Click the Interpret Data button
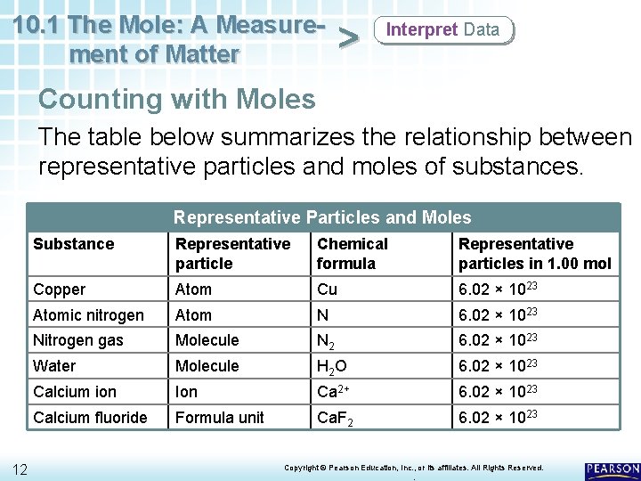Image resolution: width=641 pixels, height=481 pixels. coord(443,30)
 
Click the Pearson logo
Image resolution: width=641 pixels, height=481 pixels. coord(613,469)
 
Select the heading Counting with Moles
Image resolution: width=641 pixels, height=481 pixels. coord(177,98)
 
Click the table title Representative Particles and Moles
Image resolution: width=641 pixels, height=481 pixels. coord(322,217)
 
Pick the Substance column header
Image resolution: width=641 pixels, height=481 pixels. coord(74,244)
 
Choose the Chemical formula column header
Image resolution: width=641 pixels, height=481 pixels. coord(353,253)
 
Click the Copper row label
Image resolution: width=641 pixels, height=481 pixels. coord(60,289)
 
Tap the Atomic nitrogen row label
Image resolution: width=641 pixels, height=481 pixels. coord(88,314)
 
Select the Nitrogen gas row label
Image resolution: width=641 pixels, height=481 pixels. coord(78,340)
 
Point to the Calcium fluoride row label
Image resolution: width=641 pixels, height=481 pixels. coord(90,417)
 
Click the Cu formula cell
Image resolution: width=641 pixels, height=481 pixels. coord(327,289)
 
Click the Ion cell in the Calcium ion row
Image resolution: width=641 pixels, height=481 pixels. coord(187,391)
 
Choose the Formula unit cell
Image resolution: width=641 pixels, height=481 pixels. coord(220,417)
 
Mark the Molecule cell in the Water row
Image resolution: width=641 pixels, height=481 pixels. coord(207,366)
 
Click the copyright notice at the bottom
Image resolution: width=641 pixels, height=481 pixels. coord(413,468)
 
